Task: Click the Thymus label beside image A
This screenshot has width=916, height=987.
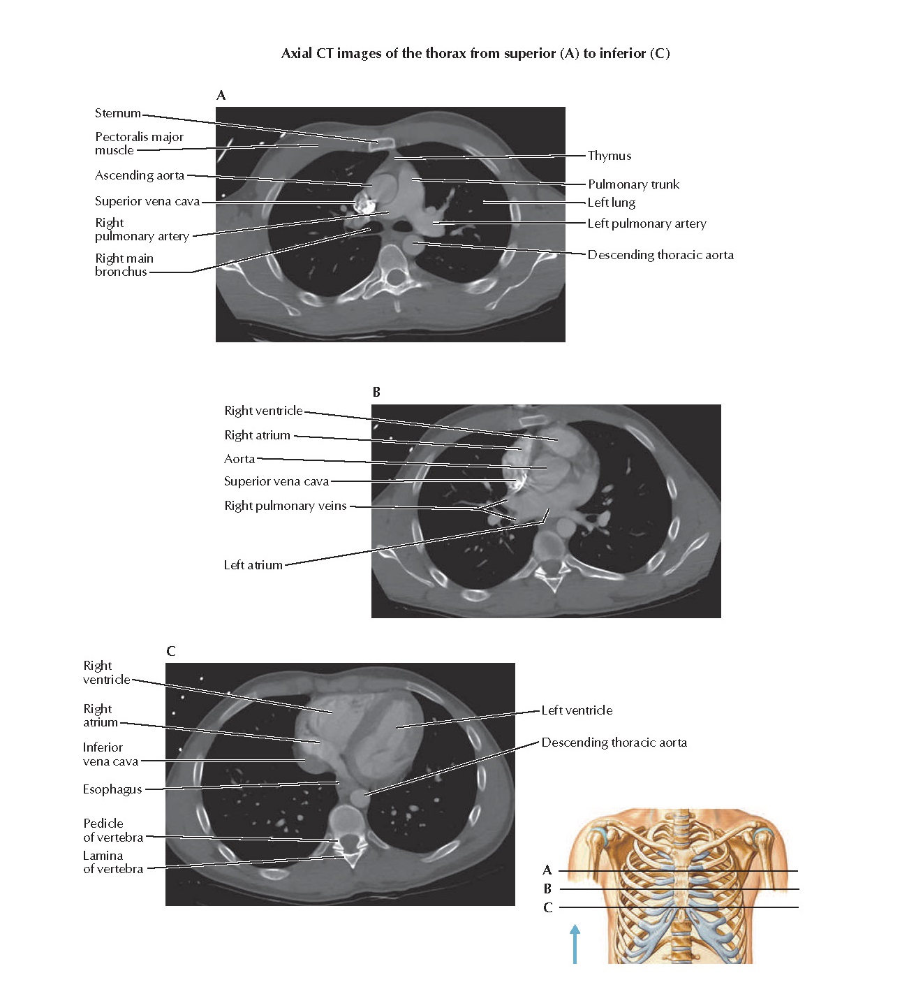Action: pyautogui.click(x=609, y=156)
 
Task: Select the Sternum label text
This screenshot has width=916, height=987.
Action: pyautogui.click(x=118, y=113)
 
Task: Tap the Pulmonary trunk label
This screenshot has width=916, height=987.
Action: pyautogui.click(x=633, y=184)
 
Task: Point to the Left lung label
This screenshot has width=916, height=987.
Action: pyautogui.click(x=611, y=203)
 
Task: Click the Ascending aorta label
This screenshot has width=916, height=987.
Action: pyautogui.click(x=140, y=175)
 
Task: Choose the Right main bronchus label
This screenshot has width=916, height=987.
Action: pyautogui.click(x=124, y=265)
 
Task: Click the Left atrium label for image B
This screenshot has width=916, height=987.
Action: pyautogui.click(x=253, y=565)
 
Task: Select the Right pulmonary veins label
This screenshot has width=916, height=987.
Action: pyautogui.click(x=285, y=506)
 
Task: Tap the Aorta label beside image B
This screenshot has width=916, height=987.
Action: pyautogui.click(x=239, y=459)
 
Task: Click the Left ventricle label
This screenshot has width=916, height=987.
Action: pyautogui.click(x=577, y=710)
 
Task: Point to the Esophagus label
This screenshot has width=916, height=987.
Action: pyautogui.click(x=112, y=789)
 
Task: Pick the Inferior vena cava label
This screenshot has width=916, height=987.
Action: pyautogui.click(x=110, y=754)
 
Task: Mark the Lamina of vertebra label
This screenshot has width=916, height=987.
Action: pyautogui.click(x=112, y=862)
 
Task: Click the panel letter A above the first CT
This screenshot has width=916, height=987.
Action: pyautogui.click(x=221, y=96)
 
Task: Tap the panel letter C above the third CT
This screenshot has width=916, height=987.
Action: pyautogui.click(x=171, y=652)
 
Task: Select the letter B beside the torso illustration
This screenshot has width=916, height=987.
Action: pyautogui.click(x=547, y=889)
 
